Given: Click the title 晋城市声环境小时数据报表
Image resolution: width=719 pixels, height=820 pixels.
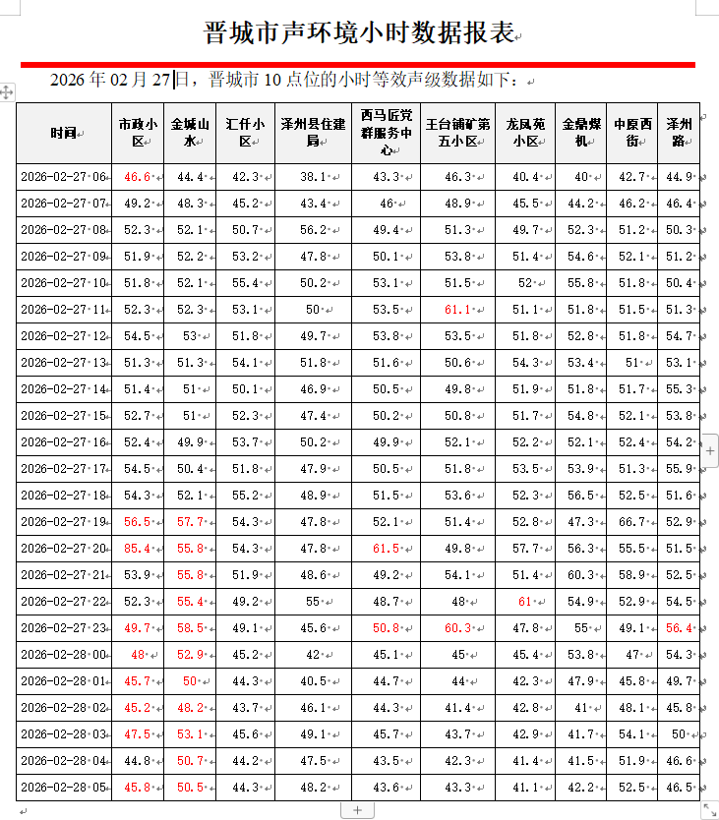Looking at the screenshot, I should pyautogui.click(x=359, y=32).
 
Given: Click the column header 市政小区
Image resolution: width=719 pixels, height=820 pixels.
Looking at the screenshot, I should pyautogui.click(x=138, y=133).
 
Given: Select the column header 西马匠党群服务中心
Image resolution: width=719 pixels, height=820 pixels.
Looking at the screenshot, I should pyautogui.click(x=386, y=133).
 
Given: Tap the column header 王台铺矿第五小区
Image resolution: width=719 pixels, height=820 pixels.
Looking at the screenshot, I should pyautogui.click(x=456, y=133).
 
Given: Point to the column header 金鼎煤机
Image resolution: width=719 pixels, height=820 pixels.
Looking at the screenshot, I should pyautogui.click(x=580, y=133).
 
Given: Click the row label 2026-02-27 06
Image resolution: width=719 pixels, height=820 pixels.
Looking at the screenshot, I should pyautogui.click(x=63, y=177).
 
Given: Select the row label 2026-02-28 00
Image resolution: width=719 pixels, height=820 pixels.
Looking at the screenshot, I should pyautogui.click(x=63, y=654).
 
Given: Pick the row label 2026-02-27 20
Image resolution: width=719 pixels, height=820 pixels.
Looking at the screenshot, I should pyautogui.click(x=63, y=548).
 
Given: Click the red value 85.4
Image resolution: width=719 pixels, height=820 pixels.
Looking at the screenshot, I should pyautogui.click(x=137, y=548).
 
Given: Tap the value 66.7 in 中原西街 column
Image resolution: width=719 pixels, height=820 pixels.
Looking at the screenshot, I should pyautogui.click(x=630, y=521).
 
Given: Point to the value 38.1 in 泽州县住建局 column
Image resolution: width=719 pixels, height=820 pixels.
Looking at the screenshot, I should pyautogui.click(x=313, y=177).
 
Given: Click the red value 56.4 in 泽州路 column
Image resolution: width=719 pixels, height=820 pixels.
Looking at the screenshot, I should pyautogui.click(x=679, y=627).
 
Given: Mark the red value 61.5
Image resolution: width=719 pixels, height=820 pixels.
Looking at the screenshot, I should pyautogui.click(x=386, y=548).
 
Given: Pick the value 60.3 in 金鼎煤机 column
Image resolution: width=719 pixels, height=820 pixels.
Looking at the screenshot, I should pyautogui.click(x=580, y=574).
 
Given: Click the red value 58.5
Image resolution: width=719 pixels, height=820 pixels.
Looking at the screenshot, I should pyautogui.click(x=190, y=627).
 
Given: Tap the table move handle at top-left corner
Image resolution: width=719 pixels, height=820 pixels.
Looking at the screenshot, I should pyautogui.click(x=7, y=91).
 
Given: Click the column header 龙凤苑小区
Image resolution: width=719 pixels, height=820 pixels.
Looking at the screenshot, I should pyautogui.click(x=524, y=133).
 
